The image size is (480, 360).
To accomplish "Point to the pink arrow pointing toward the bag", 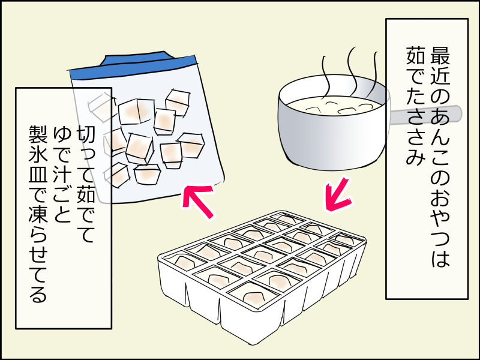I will coord(198,202).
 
